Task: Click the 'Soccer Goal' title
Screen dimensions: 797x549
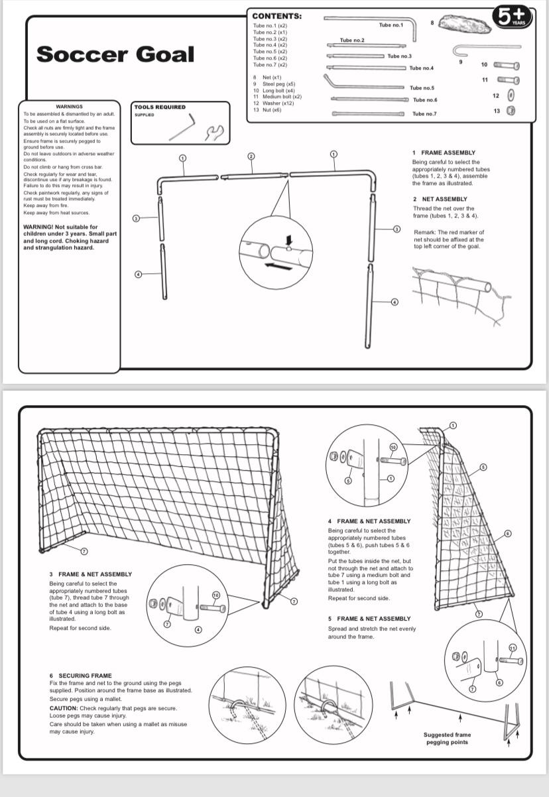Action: click(115, 54)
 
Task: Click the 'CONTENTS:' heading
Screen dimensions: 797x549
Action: click(276, 16)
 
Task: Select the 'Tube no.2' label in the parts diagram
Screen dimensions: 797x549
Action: click(352, 40)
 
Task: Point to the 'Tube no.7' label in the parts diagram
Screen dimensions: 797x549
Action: click(424, 114)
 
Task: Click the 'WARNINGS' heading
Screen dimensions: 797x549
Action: click(70, 106)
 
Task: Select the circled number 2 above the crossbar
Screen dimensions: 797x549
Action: click(251, 156)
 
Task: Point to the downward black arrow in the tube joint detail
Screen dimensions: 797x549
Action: click(288, 239)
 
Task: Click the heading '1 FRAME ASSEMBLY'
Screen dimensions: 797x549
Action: click(444, 153)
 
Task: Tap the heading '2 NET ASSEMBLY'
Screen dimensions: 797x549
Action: click(440, 199)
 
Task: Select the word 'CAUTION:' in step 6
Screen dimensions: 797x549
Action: click(64, 708)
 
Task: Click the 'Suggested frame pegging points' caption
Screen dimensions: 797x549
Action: click(447, 738)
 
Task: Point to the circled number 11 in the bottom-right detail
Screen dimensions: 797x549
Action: click(512, 648)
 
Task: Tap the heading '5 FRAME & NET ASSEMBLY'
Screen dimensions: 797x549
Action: click(369, 619)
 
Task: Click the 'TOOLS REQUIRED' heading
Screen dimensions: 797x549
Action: click(160, 107)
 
